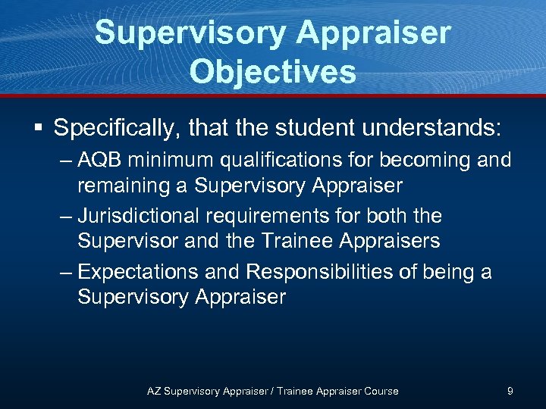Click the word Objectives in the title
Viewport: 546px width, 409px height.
(273, 72)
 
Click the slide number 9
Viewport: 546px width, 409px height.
(510, 391)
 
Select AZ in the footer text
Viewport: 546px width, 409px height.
(154, 392)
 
